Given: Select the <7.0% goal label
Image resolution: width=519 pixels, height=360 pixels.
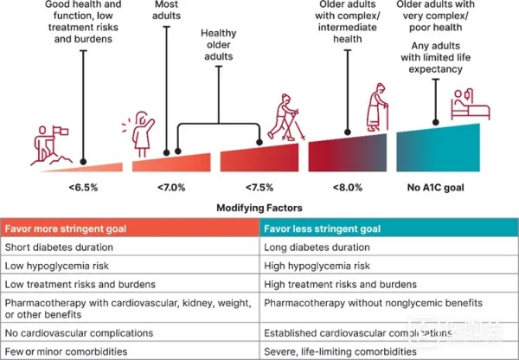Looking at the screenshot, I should [170, 184].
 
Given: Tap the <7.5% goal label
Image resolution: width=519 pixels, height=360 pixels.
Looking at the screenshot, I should [259, 184].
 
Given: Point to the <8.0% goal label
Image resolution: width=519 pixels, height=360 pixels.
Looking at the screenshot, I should [349, 184].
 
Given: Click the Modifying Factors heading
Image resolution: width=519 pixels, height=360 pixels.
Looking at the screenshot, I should [259, 208].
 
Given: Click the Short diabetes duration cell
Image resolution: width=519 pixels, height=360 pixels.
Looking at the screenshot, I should [54, 247].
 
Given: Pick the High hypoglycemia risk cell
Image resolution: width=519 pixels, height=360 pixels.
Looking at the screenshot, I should [317, 266].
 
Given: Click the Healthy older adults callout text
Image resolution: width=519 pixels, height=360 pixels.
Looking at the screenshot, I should [219, 45].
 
